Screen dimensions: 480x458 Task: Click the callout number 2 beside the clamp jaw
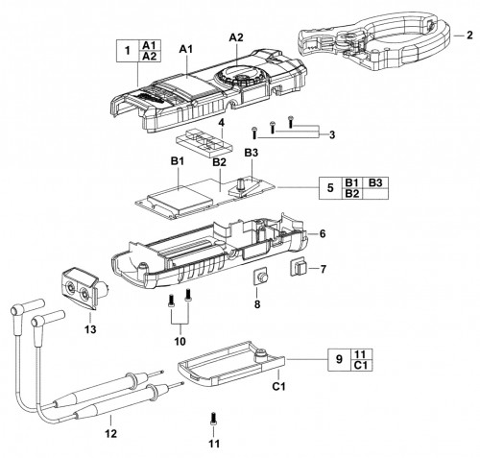coord(469,35)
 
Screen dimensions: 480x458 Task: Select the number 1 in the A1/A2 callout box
coord(128,51)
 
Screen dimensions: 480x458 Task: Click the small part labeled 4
coord(204,143)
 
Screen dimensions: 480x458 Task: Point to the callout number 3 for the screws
coord(332,134)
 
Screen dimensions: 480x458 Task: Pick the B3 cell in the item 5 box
coord(375,182)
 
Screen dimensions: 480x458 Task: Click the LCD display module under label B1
coord(180,200)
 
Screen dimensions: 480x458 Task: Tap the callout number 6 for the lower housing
coord(323,234)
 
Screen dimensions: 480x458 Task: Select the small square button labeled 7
coord(298,268)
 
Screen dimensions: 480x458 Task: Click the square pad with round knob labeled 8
coord(261,277)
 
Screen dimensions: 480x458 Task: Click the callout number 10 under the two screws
coord(180,341)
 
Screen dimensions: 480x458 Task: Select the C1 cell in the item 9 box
coord(360,365)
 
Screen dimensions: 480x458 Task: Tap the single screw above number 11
coord(213,419)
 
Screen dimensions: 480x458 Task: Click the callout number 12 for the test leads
coord(111,434)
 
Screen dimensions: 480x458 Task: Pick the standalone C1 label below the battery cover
coord(278,386)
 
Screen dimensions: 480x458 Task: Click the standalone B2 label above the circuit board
coord(219,162)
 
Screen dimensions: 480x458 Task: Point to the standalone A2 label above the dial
coord(236,37)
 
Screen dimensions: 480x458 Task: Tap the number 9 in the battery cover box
coord(339,359)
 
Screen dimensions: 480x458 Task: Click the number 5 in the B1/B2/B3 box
coord(330,188)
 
